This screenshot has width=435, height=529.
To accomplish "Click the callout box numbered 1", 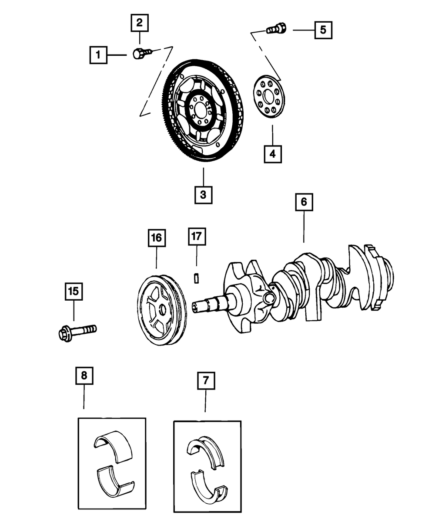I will coord(98,55).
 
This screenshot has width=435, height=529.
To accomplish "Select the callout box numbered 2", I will coord(139,23).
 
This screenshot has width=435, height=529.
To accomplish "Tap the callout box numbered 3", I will coord(203,195).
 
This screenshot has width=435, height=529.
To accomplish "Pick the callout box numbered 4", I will coord(272,154).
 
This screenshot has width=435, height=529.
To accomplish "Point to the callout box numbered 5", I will coord(322,30).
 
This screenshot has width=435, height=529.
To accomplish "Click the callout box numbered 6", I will coord(304,202).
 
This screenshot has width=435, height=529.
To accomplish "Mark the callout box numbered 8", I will coord(84,376).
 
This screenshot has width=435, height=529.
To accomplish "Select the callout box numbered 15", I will coord(74,292).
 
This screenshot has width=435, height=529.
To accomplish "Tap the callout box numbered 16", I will coord(156,237).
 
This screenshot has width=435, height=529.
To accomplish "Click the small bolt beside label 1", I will coord(141,54).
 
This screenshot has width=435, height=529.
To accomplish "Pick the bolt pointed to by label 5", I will coord(275,29).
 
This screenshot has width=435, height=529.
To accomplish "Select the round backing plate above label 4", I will coord(268,97).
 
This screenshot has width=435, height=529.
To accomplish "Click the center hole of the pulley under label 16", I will coord(163,310).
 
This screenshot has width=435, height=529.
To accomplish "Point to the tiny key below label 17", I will coord(196,278).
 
